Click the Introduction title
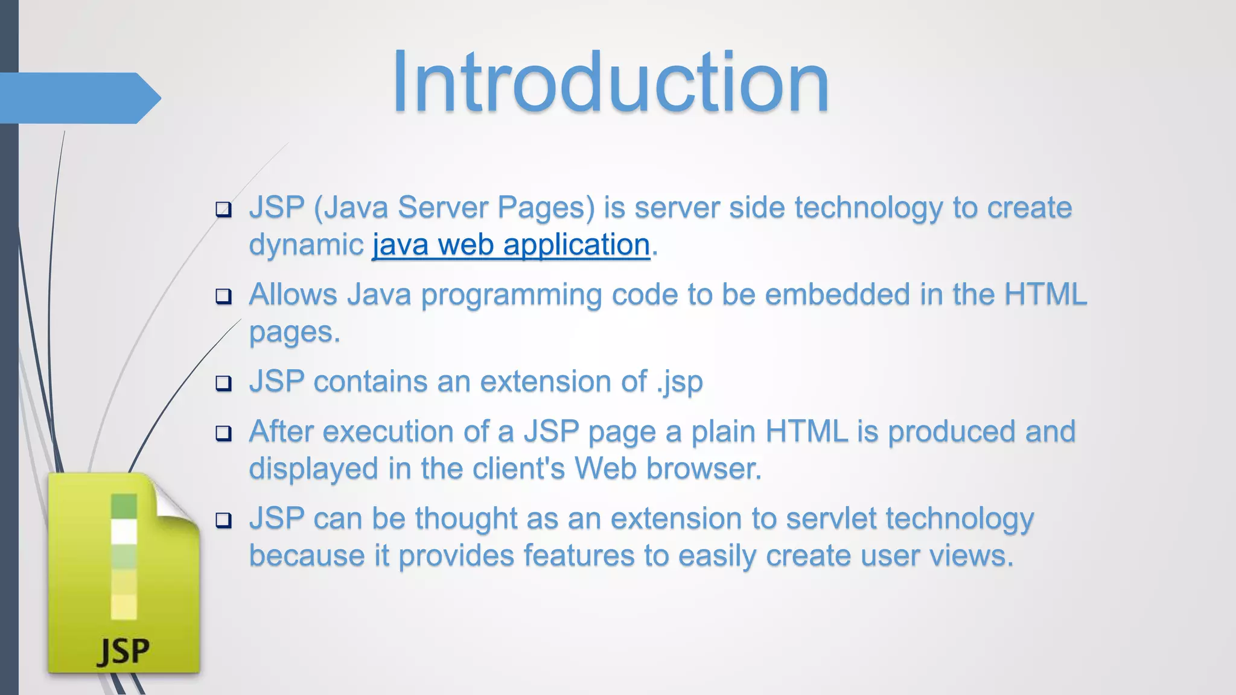click(610, 83)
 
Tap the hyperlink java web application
click(511, 245)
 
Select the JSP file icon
click(124, 573)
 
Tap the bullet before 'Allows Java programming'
click(224, 296)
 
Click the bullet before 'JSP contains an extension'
click(224, 383)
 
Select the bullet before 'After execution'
click(224, 433)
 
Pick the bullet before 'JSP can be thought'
click(224, 520)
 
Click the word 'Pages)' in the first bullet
click(546, 208)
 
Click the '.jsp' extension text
click(680, 382)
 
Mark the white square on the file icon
click(124, 532)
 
